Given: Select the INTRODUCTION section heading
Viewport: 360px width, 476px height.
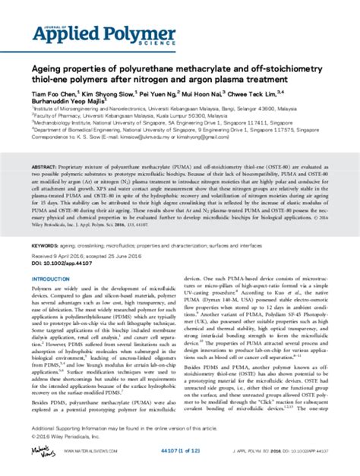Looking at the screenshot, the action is pyautogui.click(x=52, y=258).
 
